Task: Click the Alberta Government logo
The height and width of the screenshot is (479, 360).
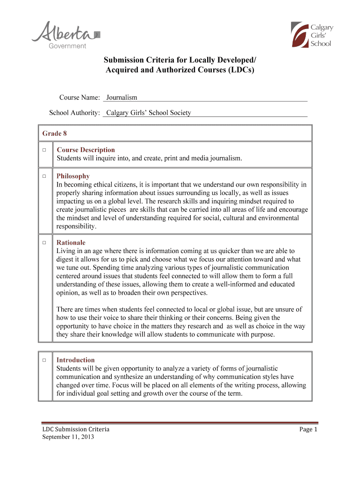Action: tap(65, 35)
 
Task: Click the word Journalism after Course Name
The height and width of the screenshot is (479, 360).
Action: tap(122, 97)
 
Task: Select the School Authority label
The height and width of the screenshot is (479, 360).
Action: tap(75, 113)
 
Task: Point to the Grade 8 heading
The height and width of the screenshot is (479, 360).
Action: tap(55, 134)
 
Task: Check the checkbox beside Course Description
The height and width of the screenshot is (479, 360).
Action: tap(43, 150)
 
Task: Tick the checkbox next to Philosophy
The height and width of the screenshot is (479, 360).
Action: tap(43, 176)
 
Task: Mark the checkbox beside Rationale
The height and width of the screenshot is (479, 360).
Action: tap(43, 243)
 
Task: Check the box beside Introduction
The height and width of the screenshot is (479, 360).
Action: tap(43, 360)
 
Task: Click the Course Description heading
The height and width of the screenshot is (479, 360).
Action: tap(86, 150)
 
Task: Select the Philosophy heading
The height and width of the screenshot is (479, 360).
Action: tap(73, 176)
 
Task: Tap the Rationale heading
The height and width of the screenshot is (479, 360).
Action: tap(71, 243)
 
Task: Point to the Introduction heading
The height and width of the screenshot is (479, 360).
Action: tap(76, 360)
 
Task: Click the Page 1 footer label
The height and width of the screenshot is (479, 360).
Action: tap(308, 429)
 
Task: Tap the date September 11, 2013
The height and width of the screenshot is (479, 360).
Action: tap(68, 437)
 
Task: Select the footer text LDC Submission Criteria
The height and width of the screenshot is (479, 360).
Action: tap(76, 429)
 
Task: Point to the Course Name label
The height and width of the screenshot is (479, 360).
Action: tap(79, 97)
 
